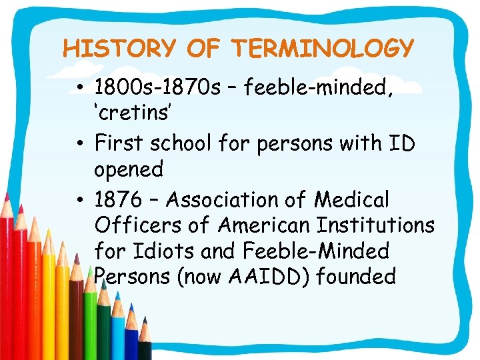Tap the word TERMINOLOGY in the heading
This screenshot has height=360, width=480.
pyautogui.click(x=323, y=49)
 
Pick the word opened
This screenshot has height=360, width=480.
pyautogui.click(x=129, y=169)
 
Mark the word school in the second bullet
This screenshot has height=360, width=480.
pyautogui.click(x=185, y=143)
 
